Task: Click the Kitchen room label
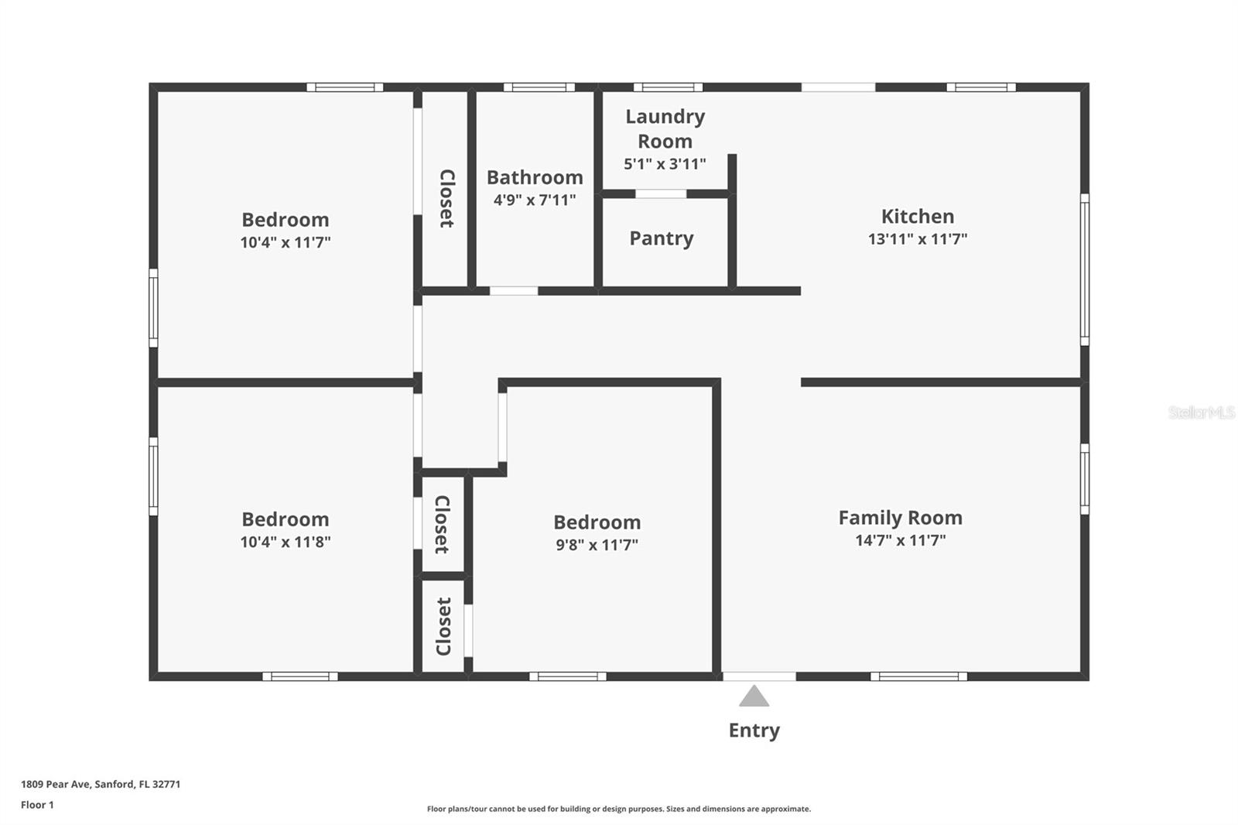[918, 217]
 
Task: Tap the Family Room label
[900, 518]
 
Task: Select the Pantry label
[661, 238]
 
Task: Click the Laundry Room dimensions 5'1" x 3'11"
[665, 164]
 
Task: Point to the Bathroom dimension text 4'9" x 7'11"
[535, 200]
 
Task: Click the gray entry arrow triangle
[754, 697]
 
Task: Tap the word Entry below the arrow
[754, 731]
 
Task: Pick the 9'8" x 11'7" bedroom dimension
[597, 545]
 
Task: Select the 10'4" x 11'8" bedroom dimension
[285, 542]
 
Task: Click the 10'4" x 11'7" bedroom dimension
[285, 242]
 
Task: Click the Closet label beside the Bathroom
[447, 198]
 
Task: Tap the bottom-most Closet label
[443, 626]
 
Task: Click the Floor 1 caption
[37, 805]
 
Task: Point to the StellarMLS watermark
[1201, 412]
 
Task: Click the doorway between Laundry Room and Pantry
[661, 193]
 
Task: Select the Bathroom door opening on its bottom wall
[514, 291]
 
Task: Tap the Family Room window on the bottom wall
[918, 676]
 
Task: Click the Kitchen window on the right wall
[1085, 269]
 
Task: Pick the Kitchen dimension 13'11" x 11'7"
[918, 239]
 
